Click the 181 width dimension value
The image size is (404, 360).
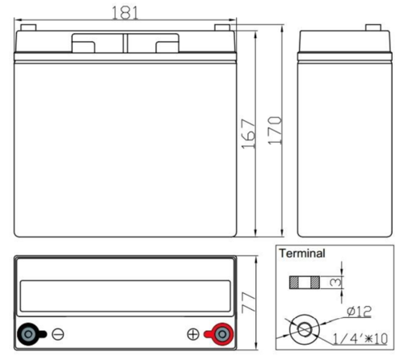[x=125, y=13]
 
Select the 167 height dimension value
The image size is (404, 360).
[x=248, y=134]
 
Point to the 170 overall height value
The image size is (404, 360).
[x=275, y=131]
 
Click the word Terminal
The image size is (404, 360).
[x=302, y=253]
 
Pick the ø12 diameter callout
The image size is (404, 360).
[x=360, y=311]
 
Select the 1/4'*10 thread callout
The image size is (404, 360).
[x=360, y=338]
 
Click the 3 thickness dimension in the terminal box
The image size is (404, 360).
[x=335, y=283]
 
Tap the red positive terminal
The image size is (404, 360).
[x=219, y=334]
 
